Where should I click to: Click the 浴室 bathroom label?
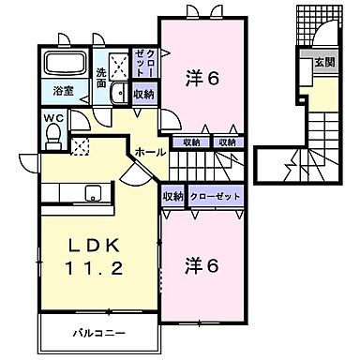click(63, 92)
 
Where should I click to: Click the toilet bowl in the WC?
click(53, 136)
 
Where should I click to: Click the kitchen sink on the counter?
click(93, 193)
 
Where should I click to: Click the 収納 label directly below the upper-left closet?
click(142, 94)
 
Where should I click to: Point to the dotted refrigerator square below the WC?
click(82, 147)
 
